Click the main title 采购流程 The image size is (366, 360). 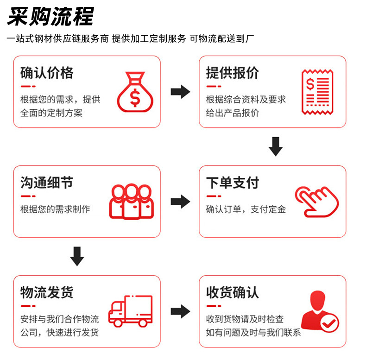click(50, 16)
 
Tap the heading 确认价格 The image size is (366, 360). click(47, 73)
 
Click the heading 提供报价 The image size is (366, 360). click(233, 73)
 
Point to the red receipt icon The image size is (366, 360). click(317, 92)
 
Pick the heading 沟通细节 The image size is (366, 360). click(47, 183)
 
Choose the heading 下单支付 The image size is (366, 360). click(233, 183)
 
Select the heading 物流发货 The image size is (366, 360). click(47, 292)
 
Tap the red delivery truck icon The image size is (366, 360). click(131, 311)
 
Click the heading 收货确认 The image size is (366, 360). click(233, 292)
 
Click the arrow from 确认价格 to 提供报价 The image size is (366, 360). click(180, 92)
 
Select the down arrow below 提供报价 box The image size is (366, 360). click(276, 146)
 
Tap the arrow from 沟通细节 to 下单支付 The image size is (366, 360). click(180, 201)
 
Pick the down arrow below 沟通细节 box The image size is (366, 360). click(77, 256)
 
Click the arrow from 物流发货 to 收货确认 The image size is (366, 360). click(180, 311)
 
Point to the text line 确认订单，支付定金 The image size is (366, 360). click(246, 209)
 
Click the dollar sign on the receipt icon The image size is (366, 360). click(310, 84)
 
